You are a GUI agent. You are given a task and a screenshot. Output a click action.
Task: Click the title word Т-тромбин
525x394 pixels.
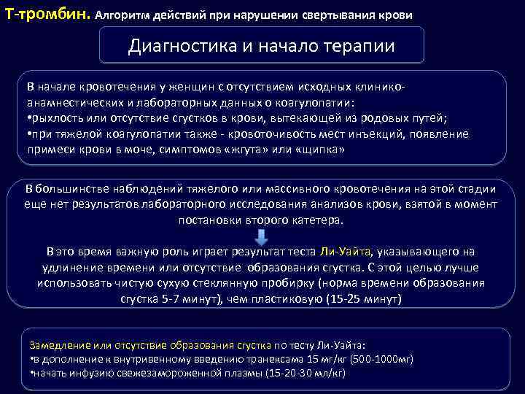click(47, 14)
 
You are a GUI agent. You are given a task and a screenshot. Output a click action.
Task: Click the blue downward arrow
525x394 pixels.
click(261, 239)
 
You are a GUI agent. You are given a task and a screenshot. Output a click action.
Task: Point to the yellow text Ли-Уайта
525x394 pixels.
click(346, 252)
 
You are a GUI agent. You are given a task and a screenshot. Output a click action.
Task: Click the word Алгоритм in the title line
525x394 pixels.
click(120, 15)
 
